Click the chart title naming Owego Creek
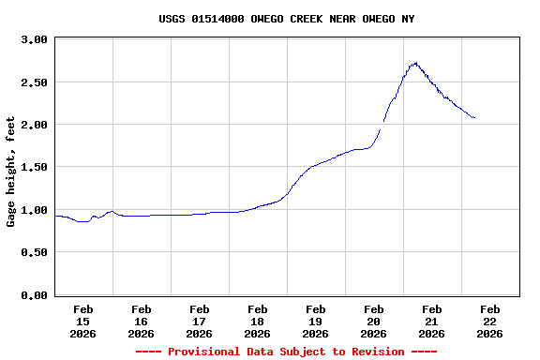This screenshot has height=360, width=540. coord(286,19)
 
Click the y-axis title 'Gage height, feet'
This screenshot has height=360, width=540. coord(11,172)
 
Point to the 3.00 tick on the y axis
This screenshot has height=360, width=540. coord(33,40)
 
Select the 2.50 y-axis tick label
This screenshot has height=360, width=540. coord(33,82)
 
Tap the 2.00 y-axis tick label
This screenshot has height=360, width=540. coord(33,125)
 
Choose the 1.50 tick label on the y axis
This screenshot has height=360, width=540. coord(33,167)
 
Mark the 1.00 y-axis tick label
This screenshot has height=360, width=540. coord(33,210)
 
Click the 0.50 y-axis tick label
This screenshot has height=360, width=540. coord(33,252)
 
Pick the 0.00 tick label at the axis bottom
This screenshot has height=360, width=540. coord(33,295)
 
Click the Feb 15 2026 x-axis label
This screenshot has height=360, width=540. coord(82,321)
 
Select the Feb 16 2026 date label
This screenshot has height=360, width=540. coord(141,321)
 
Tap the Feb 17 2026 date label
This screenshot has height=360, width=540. coord(199,321)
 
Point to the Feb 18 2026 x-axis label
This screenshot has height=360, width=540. coord(257,321)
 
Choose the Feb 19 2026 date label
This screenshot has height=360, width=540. coord(315,321)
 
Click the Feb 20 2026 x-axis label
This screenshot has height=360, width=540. coord(373,321)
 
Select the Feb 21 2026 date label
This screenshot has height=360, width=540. coord(431,321)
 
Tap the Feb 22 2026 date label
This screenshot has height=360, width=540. coord(489,321)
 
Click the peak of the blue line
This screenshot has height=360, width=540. coord(414,64)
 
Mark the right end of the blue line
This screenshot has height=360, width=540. coord(474,118)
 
